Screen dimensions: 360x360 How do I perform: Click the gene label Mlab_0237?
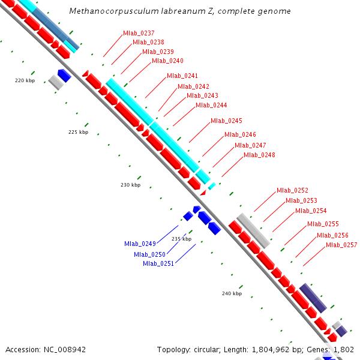(139, 33)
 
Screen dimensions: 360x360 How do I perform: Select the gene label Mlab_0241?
(182, 76)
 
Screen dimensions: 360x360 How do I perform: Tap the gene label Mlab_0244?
(211, 106)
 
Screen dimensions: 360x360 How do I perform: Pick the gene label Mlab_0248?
(259, 155)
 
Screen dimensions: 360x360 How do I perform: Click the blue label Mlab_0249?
(140, 244)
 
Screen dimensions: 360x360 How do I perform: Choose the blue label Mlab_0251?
(158, 264)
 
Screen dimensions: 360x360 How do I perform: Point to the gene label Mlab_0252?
(292, 191)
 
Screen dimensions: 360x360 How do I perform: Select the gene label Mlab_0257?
(341, 245)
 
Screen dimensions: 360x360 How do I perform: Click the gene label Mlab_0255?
(323, 224)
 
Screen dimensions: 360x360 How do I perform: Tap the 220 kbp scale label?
(25, 80)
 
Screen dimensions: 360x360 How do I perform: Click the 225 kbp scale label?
(78, 133)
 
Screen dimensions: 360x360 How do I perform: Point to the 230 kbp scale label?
(130, 185)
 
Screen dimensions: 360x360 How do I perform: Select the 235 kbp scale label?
(181, 239)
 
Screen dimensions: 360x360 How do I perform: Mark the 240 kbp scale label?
(232, 294)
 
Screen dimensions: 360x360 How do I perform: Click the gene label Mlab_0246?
(240, 135)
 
